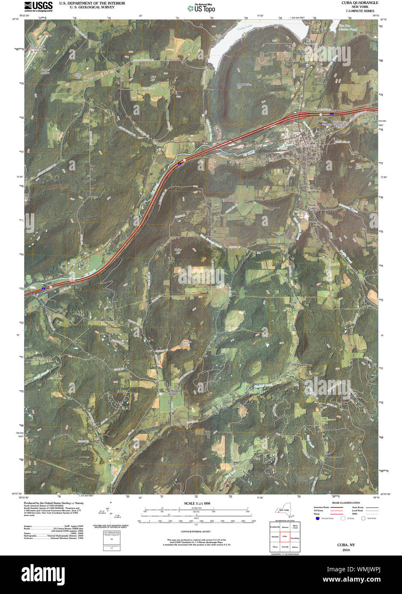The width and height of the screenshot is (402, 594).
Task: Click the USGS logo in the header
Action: pos(39,6)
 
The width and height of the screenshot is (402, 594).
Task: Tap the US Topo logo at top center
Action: pos(201,8)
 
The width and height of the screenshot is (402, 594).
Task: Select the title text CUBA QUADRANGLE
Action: pos(360,3)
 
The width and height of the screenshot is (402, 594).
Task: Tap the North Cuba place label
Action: pos(304,53)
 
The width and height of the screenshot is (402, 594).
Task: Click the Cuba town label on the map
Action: pos(311,143)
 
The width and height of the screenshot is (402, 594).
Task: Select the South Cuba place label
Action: pos(312,206)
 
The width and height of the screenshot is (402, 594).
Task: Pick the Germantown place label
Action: pos(302,365)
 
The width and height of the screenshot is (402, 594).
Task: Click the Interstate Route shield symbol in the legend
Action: pos(317,518)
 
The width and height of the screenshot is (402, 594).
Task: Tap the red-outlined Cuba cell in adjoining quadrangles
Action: pos(284,536)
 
